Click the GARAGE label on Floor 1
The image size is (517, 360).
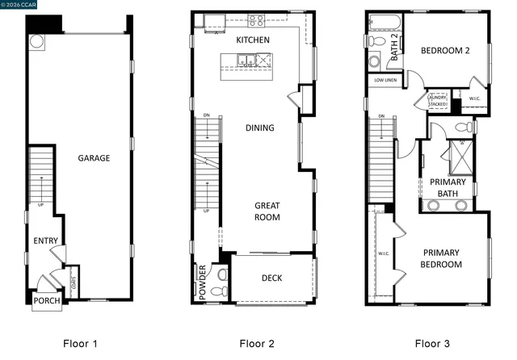point(94,158)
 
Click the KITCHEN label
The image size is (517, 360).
point(253,40)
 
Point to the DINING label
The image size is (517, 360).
point(260,128)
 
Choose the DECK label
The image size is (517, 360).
point(271,278)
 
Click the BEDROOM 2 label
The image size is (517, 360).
point(445,51)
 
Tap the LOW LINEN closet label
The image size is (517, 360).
point(385,80)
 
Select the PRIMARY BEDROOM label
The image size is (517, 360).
point(442,258)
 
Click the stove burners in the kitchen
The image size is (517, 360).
point(257,20)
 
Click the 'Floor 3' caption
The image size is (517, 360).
point(432,344)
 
